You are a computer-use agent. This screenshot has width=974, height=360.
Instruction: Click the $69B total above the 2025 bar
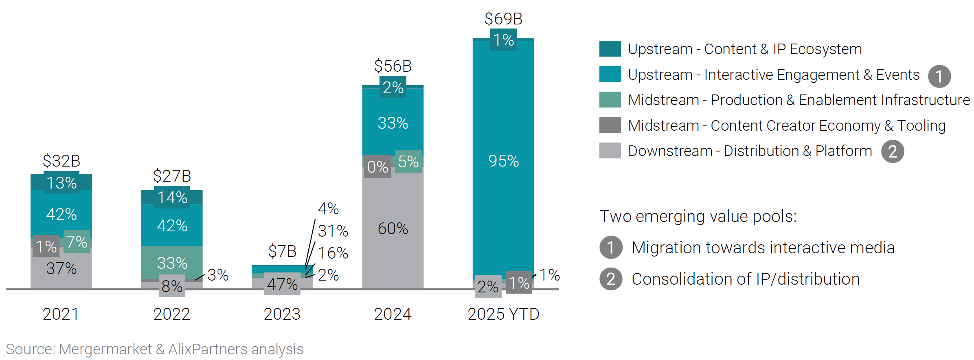[503, 19]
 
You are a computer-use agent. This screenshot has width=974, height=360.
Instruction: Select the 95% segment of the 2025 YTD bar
[503, 161]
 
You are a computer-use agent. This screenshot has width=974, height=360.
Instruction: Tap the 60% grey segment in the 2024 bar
[393, 228]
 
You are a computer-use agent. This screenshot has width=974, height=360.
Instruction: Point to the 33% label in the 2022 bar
[172, 263]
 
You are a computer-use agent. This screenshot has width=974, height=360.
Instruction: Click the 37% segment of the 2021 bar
[61, 268]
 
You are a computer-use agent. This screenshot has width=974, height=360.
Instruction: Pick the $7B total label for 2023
[282, 251]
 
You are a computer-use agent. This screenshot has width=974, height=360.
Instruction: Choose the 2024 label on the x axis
[393, 314]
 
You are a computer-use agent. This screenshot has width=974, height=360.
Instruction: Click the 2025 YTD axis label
[503, 314]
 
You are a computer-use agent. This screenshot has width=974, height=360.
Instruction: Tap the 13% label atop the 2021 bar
[61, 183]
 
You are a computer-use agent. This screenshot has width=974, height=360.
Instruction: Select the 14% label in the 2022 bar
[172, 198]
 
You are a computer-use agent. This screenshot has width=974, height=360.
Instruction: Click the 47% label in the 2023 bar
[282, 284]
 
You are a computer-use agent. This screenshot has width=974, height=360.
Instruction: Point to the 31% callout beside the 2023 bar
[333, 231]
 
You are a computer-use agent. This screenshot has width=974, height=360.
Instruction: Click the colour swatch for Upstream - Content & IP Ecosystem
[610, 49]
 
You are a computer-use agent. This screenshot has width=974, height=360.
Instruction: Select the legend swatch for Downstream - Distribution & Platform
[610, 151]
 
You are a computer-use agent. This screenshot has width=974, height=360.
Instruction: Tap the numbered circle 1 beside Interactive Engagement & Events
[939, 77]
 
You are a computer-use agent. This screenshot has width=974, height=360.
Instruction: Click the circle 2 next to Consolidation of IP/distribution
[611, 279]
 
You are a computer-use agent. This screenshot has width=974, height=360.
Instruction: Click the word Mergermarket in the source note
[105, 349]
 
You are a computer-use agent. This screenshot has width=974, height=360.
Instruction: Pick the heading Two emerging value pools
[698, 216]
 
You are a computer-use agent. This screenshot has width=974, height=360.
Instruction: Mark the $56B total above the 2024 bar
[393, 66]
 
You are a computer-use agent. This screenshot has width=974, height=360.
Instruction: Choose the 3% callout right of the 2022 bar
[217, 275]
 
